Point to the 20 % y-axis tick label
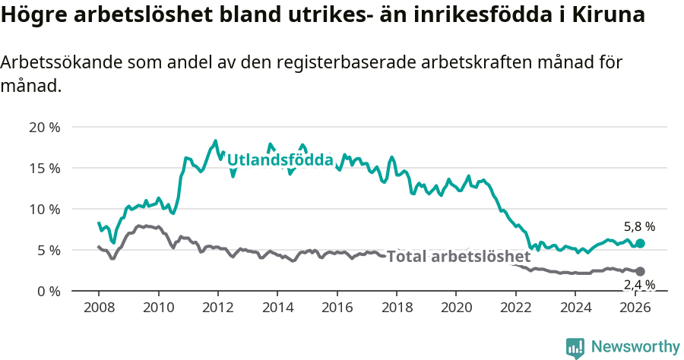pos(45,128)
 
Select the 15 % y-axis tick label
pos(45,168)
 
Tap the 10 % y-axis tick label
pos(45,209)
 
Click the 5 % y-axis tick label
pos(48,250)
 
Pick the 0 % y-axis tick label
pos(48,291)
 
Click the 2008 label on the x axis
pos(99,308)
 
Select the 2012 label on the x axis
pos(218,308)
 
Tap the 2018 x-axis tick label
pos(397,308)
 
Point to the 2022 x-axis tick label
pos(516,308)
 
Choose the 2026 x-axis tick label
pos(635,308)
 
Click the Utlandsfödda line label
pos(280,160)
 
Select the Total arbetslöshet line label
pos(458,257)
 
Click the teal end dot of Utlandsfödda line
pos(640,243)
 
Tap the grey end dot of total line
pos(640,271)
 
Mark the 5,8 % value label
pos(639,226)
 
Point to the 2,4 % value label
pos(639,285)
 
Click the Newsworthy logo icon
pos(575,347)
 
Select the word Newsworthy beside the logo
pos(635,347)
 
